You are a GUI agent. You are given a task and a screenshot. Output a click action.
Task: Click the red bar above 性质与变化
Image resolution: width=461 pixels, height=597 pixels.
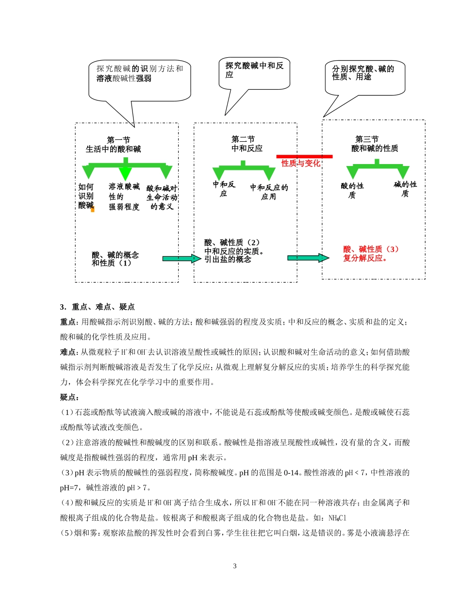click(304, 156)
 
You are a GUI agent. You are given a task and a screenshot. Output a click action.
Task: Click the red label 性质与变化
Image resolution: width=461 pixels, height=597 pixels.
click(301, 164)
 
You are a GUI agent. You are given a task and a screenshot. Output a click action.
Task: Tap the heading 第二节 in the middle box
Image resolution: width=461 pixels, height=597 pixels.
click(243, 139)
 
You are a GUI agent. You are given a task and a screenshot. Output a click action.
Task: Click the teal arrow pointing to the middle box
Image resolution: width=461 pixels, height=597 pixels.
click(180, 259)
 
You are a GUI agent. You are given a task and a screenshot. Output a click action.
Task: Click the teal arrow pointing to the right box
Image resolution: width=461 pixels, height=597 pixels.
click(308, 258)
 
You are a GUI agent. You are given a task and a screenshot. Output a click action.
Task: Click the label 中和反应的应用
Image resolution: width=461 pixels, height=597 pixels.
click(269, 192)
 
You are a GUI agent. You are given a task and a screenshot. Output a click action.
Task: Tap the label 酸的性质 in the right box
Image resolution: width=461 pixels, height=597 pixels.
click(352, 190)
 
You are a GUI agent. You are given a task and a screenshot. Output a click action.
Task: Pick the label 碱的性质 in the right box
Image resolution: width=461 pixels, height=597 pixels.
click(405, 189)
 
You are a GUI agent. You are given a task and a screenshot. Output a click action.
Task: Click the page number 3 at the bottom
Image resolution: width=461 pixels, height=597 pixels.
click(234, 566)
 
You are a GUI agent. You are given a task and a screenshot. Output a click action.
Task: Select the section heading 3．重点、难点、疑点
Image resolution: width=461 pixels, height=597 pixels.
click(97, 307)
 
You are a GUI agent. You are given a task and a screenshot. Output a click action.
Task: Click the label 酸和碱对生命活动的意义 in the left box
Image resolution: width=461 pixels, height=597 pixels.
click(162, 197)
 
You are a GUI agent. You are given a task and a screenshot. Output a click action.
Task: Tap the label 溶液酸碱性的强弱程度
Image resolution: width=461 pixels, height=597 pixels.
click(124, 197)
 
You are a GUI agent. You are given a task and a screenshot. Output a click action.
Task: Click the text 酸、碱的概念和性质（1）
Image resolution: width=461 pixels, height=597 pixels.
click(115, 259)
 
